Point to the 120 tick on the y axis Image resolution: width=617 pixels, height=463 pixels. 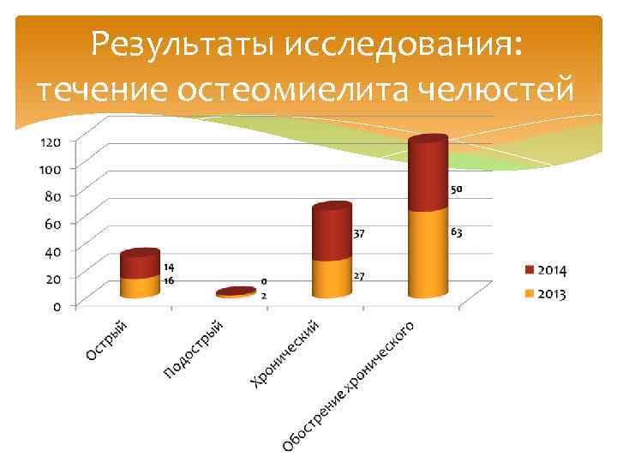[48, 141]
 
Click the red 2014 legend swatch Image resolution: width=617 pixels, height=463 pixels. [530, 271]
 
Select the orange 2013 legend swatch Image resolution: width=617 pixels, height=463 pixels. [530, 294]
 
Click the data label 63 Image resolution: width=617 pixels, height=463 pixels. [457, 232]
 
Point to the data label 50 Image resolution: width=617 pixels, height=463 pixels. [457, 189]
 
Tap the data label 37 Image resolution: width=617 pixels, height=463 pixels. [360, 233]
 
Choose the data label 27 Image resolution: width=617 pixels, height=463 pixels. [360, 276]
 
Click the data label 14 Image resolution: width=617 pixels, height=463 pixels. [170, 268]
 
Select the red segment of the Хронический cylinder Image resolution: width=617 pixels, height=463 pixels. [331, 233]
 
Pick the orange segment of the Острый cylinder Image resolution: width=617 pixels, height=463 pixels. [140, 286]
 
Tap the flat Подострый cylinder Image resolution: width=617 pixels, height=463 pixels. [236, 293]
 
